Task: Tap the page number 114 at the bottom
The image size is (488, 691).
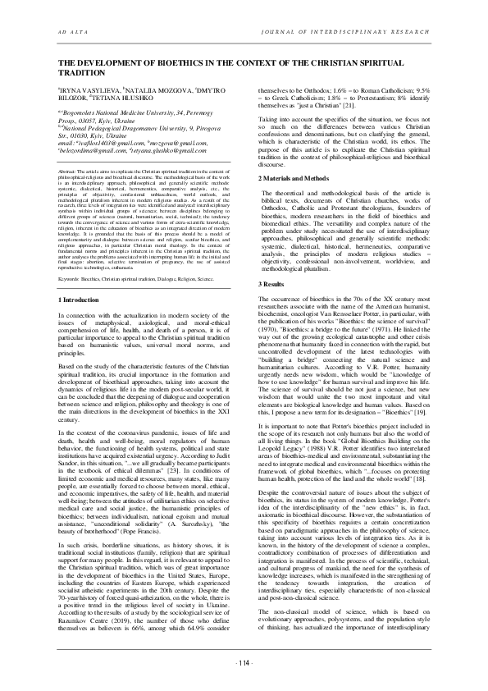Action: coord(244,663)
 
